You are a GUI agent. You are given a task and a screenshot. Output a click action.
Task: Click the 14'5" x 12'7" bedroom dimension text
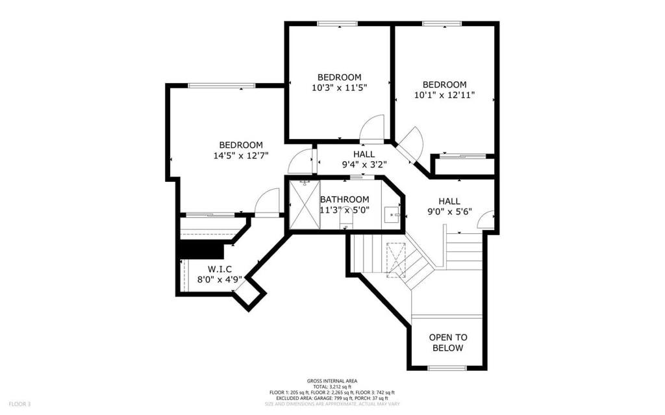(x=241, y=156)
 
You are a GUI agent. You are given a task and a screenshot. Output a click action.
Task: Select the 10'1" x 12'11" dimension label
(x=445, y=95)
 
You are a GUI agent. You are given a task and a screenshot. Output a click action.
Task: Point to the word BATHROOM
(x=345, y=199)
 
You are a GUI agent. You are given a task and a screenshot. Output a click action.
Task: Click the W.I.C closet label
(x=220, y=269)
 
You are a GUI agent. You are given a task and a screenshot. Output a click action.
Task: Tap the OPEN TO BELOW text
(x=448, y=342)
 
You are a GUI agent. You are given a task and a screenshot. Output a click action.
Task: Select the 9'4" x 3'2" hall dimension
(x=364, y=164)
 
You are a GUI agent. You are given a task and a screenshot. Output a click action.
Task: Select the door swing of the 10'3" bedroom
(x=373, y=128)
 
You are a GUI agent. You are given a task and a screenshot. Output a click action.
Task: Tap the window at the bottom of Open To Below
(x=447, y=368)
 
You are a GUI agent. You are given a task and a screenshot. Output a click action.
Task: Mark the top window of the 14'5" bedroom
(x=221, y=85)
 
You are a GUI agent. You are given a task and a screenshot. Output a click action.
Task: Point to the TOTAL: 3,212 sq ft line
(x=332, y=386)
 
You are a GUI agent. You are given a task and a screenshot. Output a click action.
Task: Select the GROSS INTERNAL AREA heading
(x=332, y=381)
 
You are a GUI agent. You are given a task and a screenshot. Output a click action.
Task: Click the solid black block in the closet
(x=201, y=249)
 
